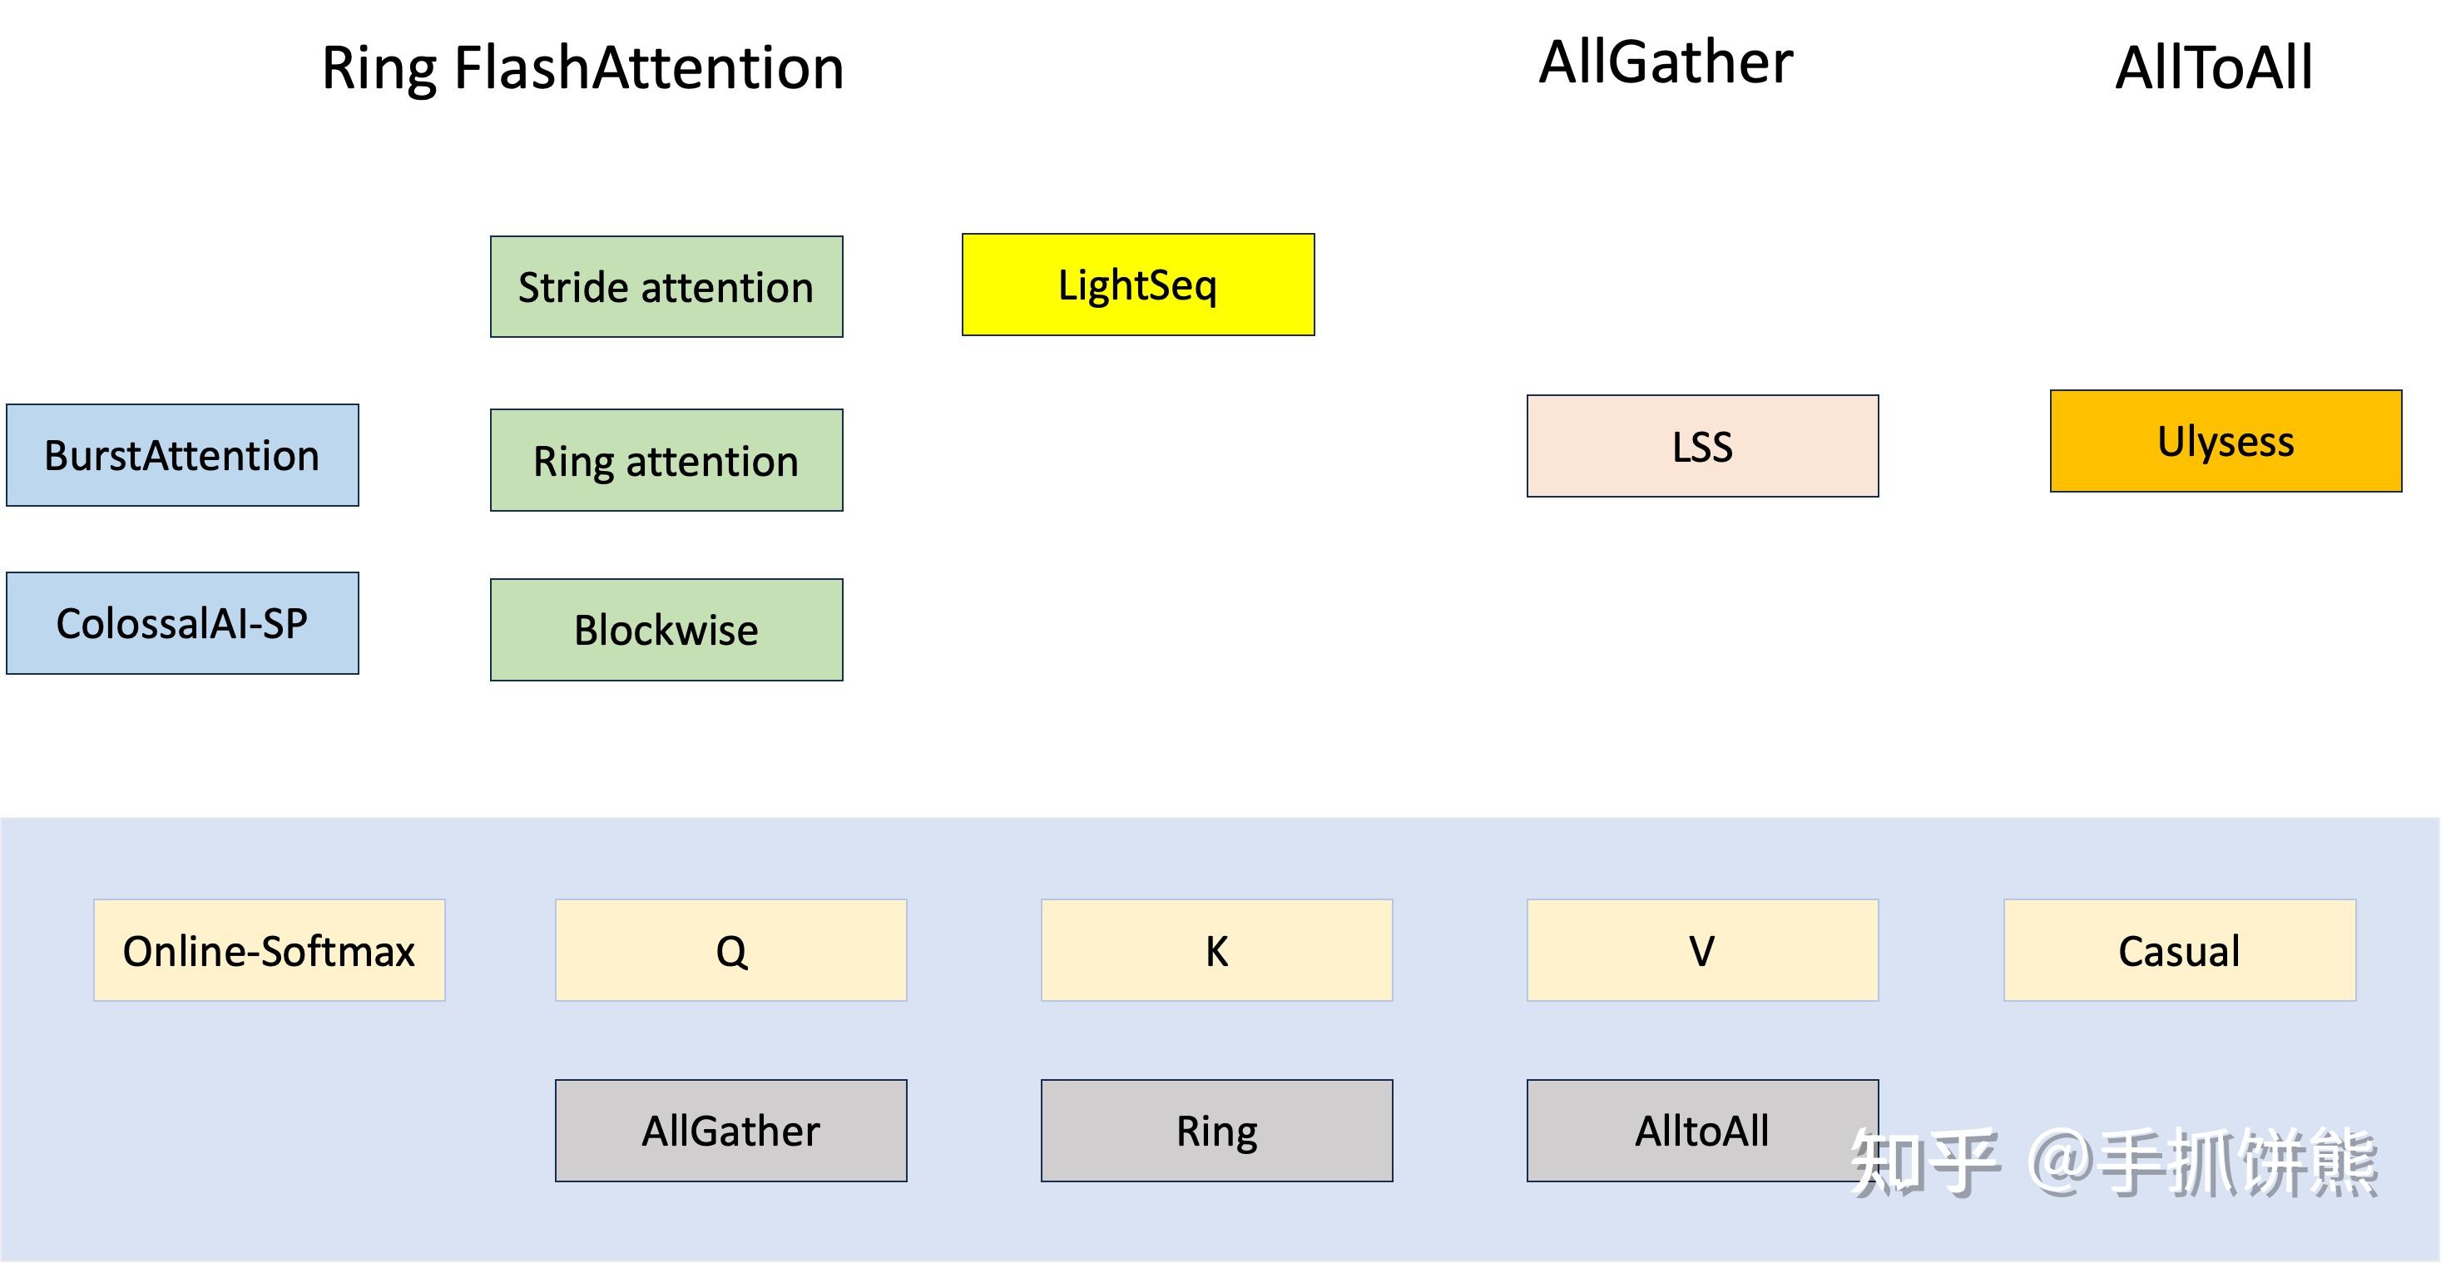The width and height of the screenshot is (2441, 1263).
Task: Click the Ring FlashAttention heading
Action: (x=582, y=69)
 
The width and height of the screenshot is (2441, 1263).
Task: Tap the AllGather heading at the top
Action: (x=1666, y=62)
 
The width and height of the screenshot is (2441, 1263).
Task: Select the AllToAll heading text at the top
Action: (x=2214, y=68)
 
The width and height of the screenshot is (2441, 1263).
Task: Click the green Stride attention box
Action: (x=666, y=286)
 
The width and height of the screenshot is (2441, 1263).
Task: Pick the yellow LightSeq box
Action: (x=1138, y=285)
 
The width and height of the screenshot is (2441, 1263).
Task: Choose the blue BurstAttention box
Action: (x=182, y=455)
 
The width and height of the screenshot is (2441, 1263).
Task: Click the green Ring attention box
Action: (x=666, y=460)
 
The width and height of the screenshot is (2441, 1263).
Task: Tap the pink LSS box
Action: (x=1703, y=445)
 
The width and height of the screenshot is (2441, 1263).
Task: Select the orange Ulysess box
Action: (x=2226, y=441)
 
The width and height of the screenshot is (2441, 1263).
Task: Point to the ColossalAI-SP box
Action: (x=182, y=622)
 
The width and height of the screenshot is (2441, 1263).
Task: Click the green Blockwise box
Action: (x=666, y=629)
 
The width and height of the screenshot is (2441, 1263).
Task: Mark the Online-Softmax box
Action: (x=269, y=950)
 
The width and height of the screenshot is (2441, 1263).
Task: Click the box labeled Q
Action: (x=730, y=950)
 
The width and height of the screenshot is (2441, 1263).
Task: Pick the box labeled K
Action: (x=1216, y=950)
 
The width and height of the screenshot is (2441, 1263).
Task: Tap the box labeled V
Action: (x=1703, y=950)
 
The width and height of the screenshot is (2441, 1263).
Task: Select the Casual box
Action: (x=2180, y=950)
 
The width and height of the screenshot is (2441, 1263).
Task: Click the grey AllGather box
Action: (x=730, y=1131)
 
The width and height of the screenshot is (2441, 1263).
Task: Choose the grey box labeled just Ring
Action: (x=1216, y=1131)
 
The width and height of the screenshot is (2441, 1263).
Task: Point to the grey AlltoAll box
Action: (x=1703, y=1131)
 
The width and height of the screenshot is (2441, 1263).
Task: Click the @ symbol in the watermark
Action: (x=2060, y=1161)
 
